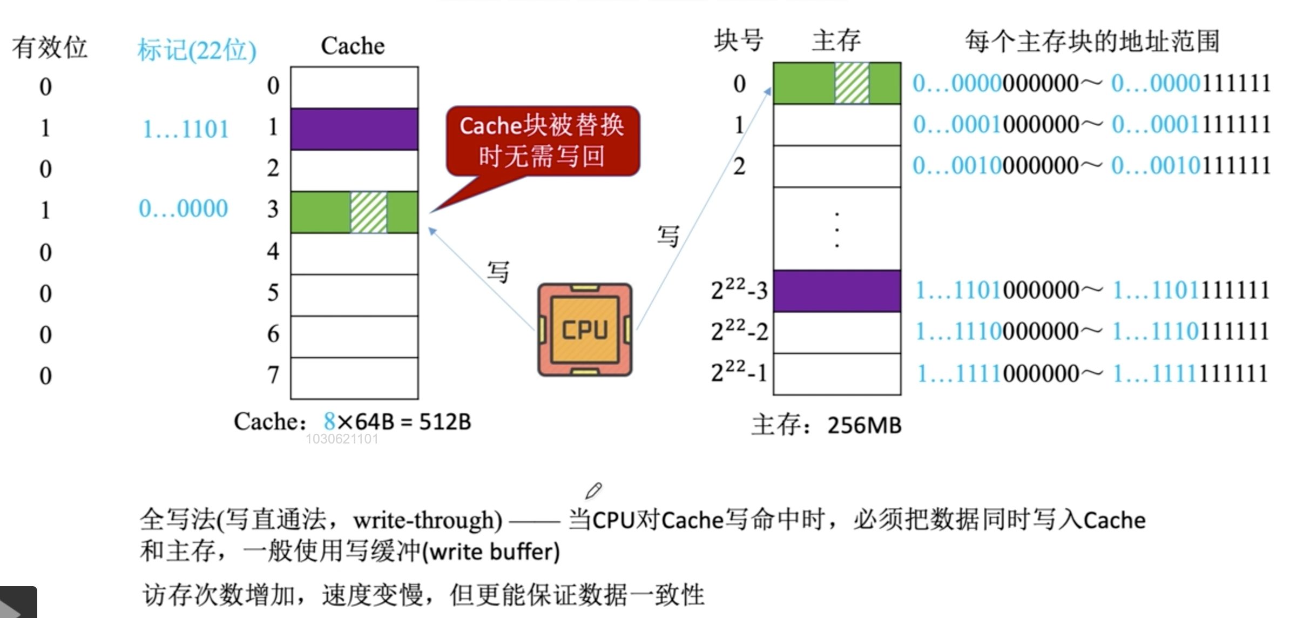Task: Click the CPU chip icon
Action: pyautogui.click(x=585, y=330)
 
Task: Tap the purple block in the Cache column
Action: pyautogui.click(x=354, y=129)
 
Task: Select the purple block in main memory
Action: pyautogui.click(x=836, y=291)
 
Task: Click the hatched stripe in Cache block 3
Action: pyautogui.click(x=369, y=212)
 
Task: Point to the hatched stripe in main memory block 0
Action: pyautogui.click(x=852, y=83)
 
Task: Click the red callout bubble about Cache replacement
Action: pyautogui.click(x=543, y=140)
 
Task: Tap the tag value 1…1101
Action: pyautogui.click(x=185, y=129)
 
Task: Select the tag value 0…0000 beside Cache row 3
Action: pyautogui.click(x=183, y=209)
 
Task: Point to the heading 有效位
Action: pyautogui.click(x=50, y=48)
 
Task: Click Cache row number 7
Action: pyautogui.click(x=273, y=375)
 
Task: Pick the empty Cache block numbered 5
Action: pyautogui.click(x=354, y=295)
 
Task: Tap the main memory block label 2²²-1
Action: pyautogui.click(x=739, y=372)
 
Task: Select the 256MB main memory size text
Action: pyautogui.click(x=864, y=426)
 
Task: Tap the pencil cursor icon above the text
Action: pyautogui.click(x=593, y=491)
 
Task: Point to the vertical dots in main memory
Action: pyautogui.click(x=836, y=230)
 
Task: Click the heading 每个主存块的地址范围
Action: pyautogui.click(x=1092, y=42)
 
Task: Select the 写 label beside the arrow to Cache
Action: pyautogui.click(x=498, y=271)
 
